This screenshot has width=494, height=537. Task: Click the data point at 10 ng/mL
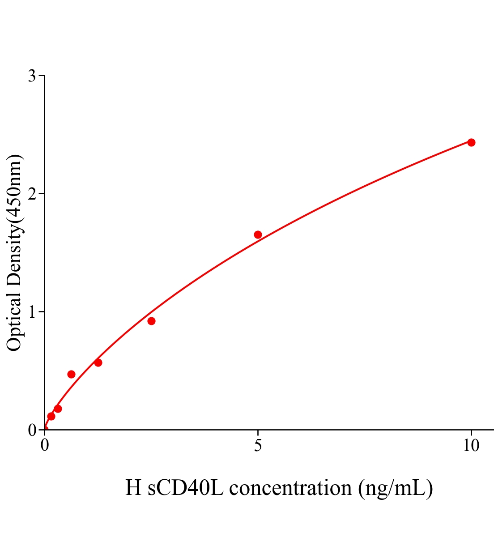[471, 142]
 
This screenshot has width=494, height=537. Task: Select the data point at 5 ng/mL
[258, 234]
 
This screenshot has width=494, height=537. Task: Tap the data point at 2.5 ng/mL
[151, 321]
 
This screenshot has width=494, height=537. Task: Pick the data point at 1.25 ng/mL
[98, 362]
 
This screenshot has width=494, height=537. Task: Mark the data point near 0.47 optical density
[71, 374]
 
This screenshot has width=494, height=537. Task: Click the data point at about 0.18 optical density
[58, 409]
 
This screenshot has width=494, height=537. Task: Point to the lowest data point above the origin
[51, 416]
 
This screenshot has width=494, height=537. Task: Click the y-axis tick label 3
[32, 76]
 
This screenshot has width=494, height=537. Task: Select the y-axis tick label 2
[32, 194]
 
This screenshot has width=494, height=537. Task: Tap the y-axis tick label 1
[32, 312]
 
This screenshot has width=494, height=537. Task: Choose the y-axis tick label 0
[32, 430]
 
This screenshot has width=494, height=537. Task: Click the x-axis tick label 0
[45, 446]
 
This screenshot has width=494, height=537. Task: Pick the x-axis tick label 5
[258, 446]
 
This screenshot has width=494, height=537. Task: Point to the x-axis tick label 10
[471, 446]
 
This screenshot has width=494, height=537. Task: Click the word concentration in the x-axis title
[290, 488]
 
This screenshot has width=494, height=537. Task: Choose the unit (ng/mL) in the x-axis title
[396, 488]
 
